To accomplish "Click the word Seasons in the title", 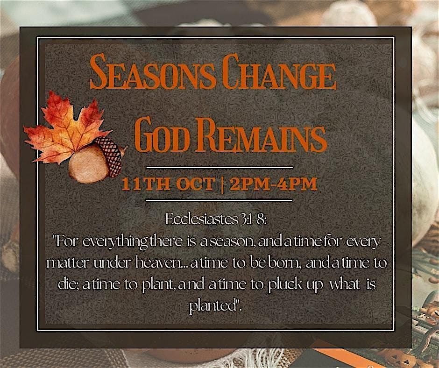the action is tap(153, 71).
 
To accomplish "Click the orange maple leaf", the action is tap(66, 129).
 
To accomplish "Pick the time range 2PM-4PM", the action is tap(274, 184).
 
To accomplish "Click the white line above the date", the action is tap(219, 168).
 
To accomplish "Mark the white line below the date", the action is tap(219, 200).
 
